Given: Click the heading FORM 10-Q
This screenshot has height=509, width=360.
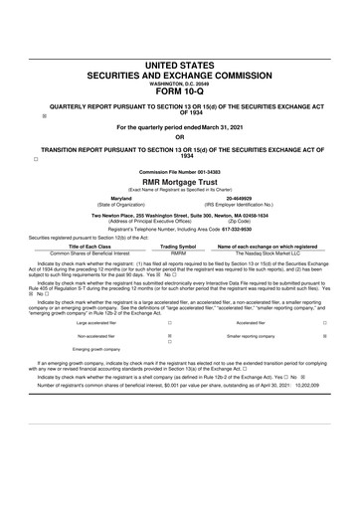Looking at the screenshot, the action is (x=180, y=95).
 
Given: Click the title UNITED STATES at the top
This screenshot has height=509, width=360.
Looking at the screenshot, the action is (x=180, y=65).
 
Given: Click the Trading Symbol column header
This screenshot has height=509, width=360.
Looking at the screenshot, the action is (x=178, y=246).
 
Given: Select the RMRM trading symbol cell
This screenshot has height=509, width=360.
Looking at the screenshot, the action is (x=178, y=253).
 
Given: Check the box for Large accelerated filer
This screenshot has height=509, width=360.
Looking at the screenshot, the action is (x=170, y=323).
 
